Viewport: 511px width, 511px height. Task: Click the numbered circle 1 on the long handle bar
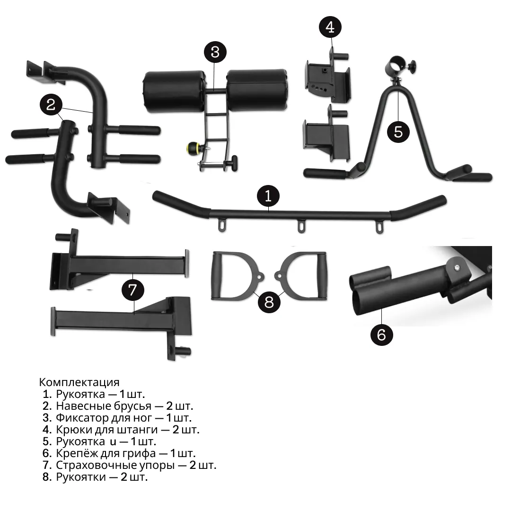point(268,195)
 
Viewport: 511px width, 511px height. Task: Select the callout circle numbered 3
point(215,52)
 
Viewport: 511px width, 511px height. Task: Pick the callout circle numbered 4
point(330,26)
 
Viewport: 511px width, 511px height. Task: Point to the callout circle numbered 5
point(398,131)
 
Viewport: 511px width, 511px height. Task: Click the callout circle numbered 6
point(381,335)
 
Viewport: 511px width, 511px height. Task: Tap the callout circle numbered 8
point(269,301)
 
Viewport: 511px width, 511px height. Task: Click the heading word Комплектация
point(79,382)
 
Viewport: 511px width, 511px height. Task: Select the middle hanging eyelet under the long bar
point(300,226)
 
